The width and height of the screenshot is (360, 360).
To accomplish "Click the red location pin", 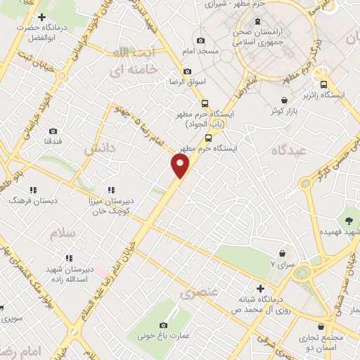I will click(x=181, y=166).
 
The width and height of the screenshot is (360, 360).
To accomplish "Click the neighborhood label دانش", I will click(x=98, y=148).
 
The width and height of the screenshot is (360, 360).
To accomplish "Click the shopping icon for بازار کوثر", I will click(x=284, y=101).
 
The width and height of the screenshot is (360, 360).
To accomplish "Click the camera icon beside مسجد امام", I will click(x=202, y=41).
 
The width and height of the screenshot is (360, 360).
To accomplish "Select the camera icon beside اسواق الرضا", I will click(x=187, y=71).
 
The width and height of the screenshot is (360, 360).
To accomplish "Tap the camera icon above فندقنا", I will click(x=53, y=131).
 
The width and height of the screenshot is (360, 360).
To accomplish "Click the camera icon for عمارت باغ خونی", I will click(x=164, y=325).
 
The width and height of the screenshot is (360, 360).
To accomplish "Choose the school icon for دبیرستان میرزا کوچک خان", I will click(x=111, y=190).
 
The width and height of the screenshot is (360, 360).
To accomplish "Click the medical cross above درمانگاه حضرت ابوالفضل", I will click(x=42, y=17).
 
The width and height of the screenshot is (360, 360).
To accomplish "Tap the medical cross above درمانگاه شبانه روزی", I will click(x=261, y=288).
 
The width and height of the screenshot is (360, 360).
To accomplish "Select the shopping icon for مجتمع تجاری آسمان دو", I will click(x=322, y=327).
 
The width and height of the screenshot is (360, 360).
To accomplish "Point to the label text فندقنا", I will click(x=53, y=141).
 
